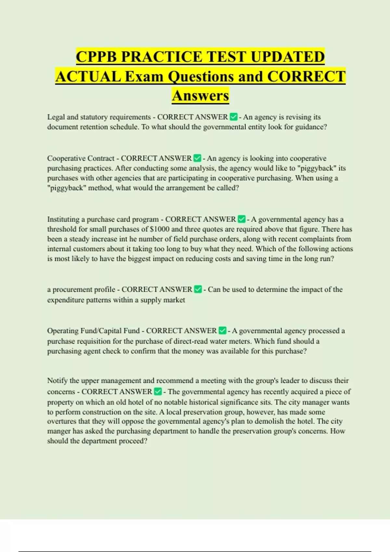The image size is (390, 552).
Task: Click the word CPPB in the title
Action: point(97,57)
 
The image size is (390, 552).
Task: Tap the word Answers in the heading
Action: point(200,96)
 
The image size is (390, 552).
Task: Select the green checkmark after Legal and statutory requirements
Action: point(233,117)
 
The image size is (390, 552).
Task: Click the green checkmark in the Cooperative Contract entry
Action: point(197,158)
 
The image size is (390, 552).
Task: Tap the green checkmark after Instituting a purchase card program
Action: point(241,220)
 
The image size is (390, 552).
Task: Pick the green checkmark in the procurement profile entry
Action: point(198,289)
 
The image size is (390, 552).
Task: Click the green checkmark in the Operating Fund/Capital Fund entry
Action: point(222,331)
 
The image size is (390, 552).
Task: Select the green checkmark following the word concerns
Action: point(158,392)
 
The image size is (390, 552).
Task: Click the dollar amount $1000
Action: point(160,229)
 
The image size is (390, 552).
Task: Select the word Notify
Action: point(57,381)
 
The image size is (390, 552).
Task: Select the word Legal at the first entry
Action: point(56,117)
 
